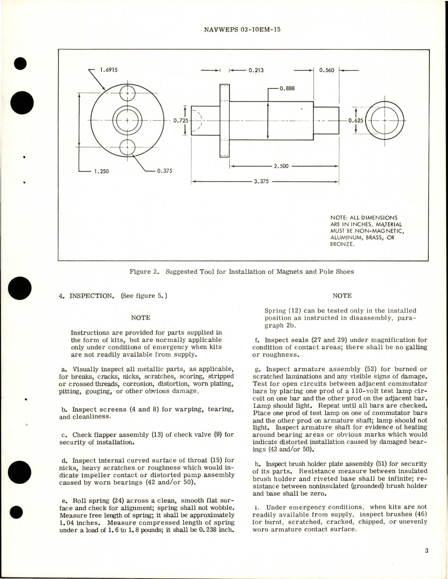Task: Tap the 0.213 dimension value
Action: point(256,70)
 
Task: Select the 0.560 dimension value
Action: point(326,70)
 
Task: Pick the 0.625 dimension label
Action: point(355,120)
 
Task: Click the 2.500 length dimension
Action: point(281,166)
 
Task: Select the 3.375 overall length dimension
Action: point(261,182)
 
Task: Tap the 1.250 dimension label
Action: point(101,172)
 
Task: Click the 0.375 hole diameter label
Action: point(164,171)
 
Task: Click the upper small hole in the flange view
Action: point(127,93)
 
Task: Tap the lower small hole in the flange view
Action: point(127,147)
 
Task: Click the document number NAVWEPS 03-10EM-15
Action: point(242,30)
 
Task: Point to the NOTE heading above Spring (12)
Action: point(342,296)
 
